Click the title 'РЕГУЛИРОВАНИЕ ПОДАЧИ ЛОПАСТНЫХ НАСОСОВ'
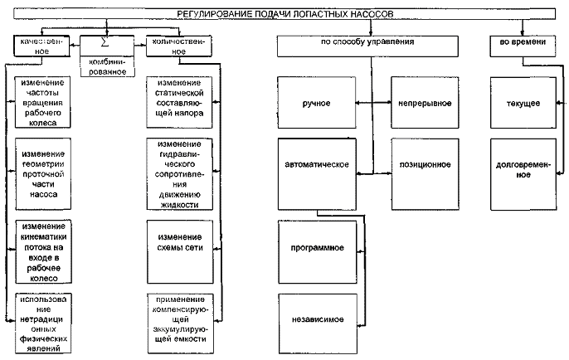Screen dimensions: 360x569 point(284,14)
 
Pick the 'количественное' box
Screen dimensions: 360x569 point(174,45)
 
